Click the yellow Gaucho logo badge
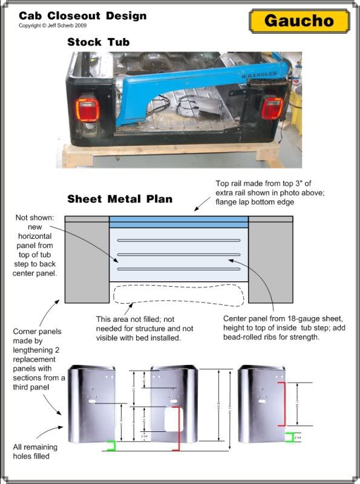click(299, 21)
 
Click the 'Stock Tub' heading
click(98, 42)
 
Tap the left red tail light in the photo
click(85, 111)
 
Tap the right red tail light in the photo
click(272, 109)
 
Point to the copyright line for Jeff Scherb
click(53, 26)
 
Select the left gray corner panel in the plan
click(87, 261)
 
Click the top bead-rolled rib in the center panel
click(178, 240)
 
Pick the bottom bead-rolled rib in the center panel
click(178, 269)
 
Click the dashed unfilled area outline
click(178, 297)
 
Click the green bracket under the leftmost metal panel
click(110, 446)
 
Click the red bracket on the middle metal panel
click(179, 428)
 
